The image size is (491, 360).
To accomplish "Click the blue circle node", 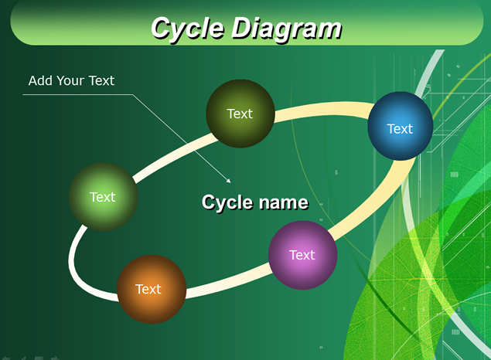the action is pos(401,126).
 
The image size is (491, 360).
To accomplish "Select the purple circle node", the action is pos(303,255).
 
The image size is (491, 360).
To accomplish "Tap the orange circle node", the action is pos(152,290).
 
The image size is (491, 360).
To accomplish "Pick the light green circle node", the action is pos(104,197).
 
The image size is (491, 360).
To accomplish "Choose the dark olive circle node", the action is pos(240,114).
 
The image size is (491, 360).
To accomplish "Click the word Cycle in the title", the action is pos(188,29).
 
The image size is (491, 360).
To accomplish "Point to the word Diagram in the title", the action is pos(286,29).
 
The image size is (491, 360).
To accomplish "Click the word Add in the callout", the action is pos(40,80).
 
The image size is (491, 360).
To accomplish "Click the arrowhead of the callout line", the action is pos(229,181).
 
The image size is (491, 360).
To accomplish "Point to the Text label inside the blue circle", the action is pos(400,129).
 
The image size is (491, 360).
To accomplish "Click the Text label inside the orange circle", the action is pos(148,290).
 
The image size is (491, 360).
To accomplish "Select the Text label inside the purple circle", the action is pos(302,255).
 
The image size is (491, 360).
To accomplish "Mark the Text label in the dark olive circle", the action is pos(240,114).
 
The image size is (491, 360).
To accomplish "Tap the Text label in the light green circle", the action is pos(102,197).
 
